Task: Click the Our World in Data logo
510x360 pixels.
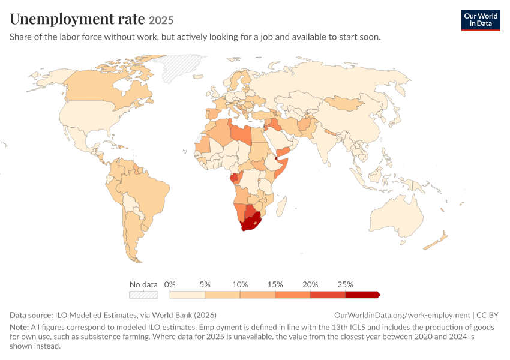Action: coord(481,20)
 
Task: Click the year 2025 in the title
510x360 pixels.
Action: coord(161,20)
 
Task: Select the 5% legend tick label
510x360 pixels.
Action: coord(205,284)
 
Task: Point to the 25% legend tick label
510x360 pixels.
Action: coord(345,284)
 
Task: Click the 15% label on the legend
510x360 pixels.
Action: coord(275,284)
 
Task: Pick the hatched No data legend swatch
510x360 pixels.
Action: coord(144,295)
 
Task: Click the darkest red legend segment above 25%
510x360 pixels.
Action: coord(362,295)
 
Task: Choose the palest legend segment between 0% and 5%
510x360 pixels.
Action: coord(187,295)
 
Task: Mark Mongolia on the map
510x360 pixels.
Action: coord(344,103)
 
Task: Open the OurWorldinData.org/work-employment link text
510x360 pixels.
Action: coord(402,315)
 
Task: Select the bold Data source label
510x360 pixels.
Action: coord(31,315)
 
